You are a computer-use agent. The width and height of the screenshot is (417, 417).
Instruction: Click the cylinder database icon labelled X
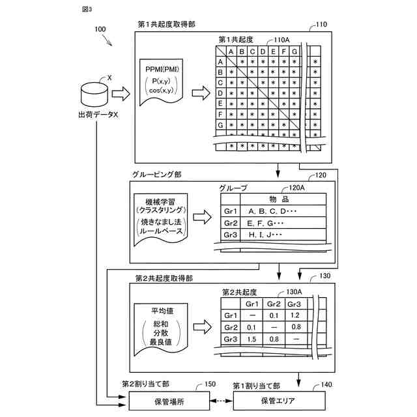click(94, 94)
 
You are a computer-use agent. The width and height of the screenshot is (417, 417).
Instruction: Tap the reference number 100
click(100, 29)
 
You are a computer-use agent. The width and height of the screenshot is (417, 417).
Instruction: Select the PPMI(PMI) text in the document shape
click(162, 69)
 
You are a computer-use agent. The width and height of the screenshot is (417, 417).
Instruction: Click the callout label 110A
click(282, 40)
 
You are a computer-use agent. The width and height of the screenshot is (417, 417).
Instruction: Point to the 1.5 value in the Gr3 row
click(252, 339)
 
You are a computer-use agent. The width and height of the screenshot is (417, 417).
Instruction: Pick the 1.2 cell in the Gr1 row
click(295, 315)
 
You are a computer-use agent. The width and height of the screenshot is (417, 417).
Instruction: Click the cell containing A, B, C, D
click(283, 211)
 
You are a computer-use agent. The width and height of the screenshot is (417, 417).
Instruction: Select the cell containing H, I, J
click(283, 235)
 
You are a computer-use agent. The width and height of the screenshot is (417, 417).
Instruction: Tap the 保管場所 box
click(169, 401)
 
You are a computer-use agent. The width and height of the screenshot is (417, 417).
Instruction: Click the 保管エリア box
click(280, 401)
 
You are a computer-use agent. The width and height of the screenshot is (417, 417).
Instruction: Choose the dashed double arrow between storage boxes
click(222, 401)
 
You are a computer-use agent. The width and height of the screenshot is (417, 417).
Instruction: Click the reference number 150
click(210, 384)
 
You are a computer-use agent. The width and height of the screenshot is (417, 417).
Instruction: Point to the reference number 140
click(326, 384)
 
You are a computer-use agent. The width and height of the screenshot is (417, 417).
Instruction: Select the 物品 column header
click(279, 199)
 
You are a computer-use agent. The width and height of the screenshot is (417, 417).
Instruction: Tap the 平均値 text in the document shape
click(162, 311)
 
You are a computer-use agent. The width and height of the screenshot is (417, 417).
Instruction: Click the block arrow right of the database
click(121, 94)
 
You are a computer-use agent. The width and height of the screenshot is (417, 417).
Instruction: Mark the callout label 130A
click(294, 292)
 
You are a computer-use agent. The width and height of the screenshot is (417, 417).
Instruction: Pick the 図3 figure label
click(87, 9)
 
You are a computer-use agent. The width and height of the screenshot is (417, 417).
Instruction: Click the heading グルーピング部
click(157, 175)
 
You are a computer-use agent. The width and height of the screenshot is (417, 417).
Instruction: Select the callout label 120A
click(297, 188)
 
